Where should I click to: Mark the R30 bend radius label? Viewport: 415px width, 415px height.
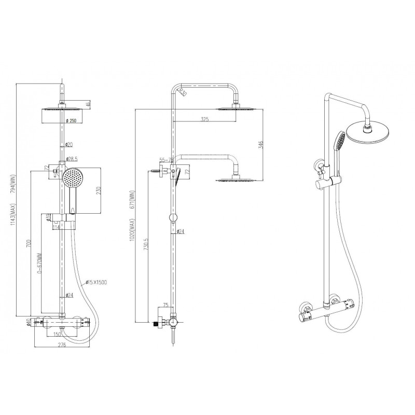click(x=183, y=93)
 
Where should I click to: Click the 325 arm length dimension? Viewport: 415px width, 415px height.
click(x=204, y=120)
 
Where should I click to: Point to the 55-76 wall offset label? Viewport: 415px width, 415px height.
click(x=167, y=161)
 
